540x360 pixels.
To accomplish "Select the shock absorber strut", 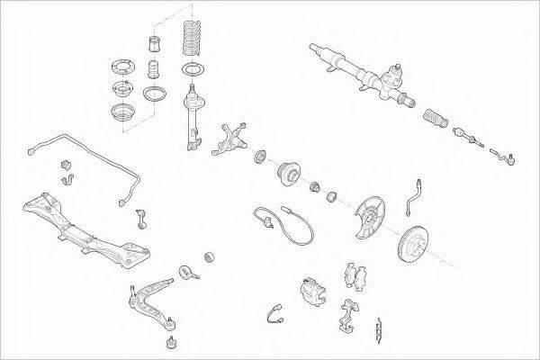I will (192, 113).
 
